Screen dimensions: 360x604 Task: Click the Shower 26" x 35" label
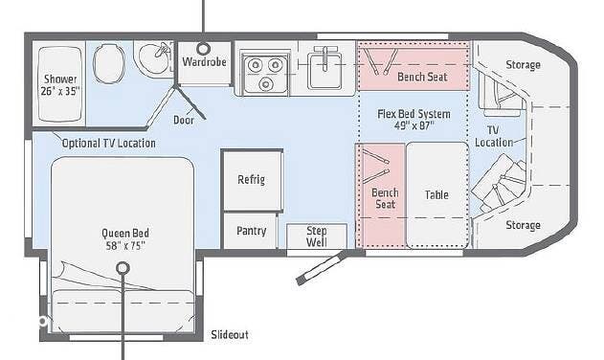pyautogui.click(x=59, y=85)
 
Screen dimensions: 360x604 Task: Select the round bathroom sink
pyautogui.click(x=151, y=60)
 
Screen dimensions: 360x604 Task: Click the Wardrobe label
pyautogui.click(x=203, y=61)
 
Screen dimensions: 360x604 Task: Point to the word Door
pyautogui.click(x=184, y=120)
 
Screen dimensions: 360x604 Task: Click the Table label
pyautogui.click(x=436, y=195)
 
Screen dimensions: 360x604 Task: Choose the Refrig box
pyautogui.click(x=252, y=180)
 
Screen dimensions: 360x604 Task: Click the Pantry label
pyautogui.click(x=251, y=231)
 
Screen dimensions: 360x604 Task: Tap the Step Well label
pyautogui.click(x=316, y=236)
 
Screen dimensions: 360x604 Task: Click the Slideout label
pyautogui.click(x=229, y=335)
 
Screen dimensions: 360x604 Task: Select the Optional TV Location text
pyautogui.click(x=108, y=144)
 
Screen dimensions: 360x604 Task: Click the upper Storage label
pyautogui.click(x=523, y=65)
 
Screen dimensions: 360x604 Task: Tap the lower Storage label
pyautogui.click(x=523, y=226)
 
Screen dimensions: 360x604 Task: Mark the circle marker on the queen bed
pyautogui.click(x=123, y=269)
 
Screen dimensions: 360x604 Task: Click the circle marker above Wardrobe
pyautogui.click(x=203, y=47)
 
